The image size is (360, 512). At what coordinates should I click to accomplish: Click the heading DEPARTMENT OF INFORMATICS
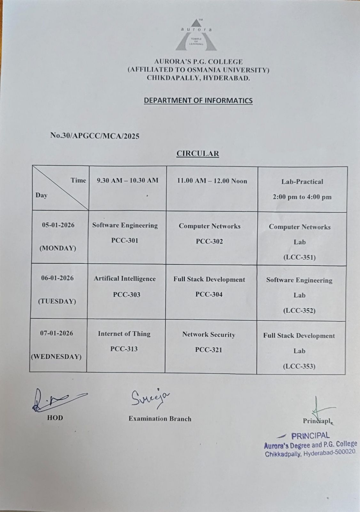pyautogui.click(x=198, y=100)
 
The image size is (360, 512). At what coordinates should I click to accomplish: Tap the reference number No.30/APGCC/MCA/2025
pyautogui.click(x=95, y=136)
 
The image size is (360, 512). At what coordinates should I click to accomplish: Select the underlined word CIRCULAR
pyautogui.click(x=198, y=154)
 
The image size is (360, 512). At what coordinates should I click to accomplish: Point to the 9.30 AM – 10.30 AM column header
pyautogui.click(x=128, y=180)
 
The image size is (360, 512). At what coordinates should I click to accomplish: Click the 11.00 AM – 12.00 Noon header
pyautogui.click(x=212, y=181)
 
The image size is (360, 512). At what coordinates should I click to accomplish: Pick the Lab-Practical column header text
pyautogui.click(x=302, y=182)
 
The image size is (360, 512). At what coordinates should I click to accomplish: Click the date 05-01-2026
pyautogui.click(x=58, y=225)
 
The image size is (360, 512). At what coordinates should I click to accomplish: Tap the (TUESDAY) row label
pyautogui.click(x=57, y=301)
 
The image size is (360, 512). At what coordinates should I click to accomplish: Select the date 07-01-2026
pyautogui.click(x=57, y=333)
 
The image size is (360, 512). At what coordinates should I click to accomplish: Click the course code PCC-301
pyautogui.click(x=125, y=240)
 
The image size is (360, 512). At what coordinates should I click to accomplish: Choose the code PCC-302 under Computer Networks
pyautogui.click(x=209, y=241)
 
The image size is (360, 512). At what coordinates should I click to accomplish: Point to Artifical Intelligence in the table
pyautogui.click(x=125, y=279)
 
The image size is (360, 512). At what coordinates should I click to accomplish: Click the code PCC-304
pyautogui.click(x=209, y=294)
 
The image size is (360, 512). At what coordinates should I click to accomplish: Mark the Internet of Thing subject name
pyautogui.click(x=124, y=334)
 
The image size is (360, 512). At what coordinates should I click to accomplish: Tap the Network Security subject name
pyautogui.click(x=209, y=335)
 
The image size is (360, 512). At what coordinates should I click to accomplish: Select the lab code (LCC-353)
pyautogui.click(x=299, y=366)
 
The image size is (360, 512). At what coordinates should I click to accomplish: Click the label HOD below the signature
pyautogui.click(x=55, y=418)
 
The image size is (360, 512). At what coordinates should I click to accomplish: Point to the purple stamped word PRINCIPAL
pyautogui.click(x=310, y=436)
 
